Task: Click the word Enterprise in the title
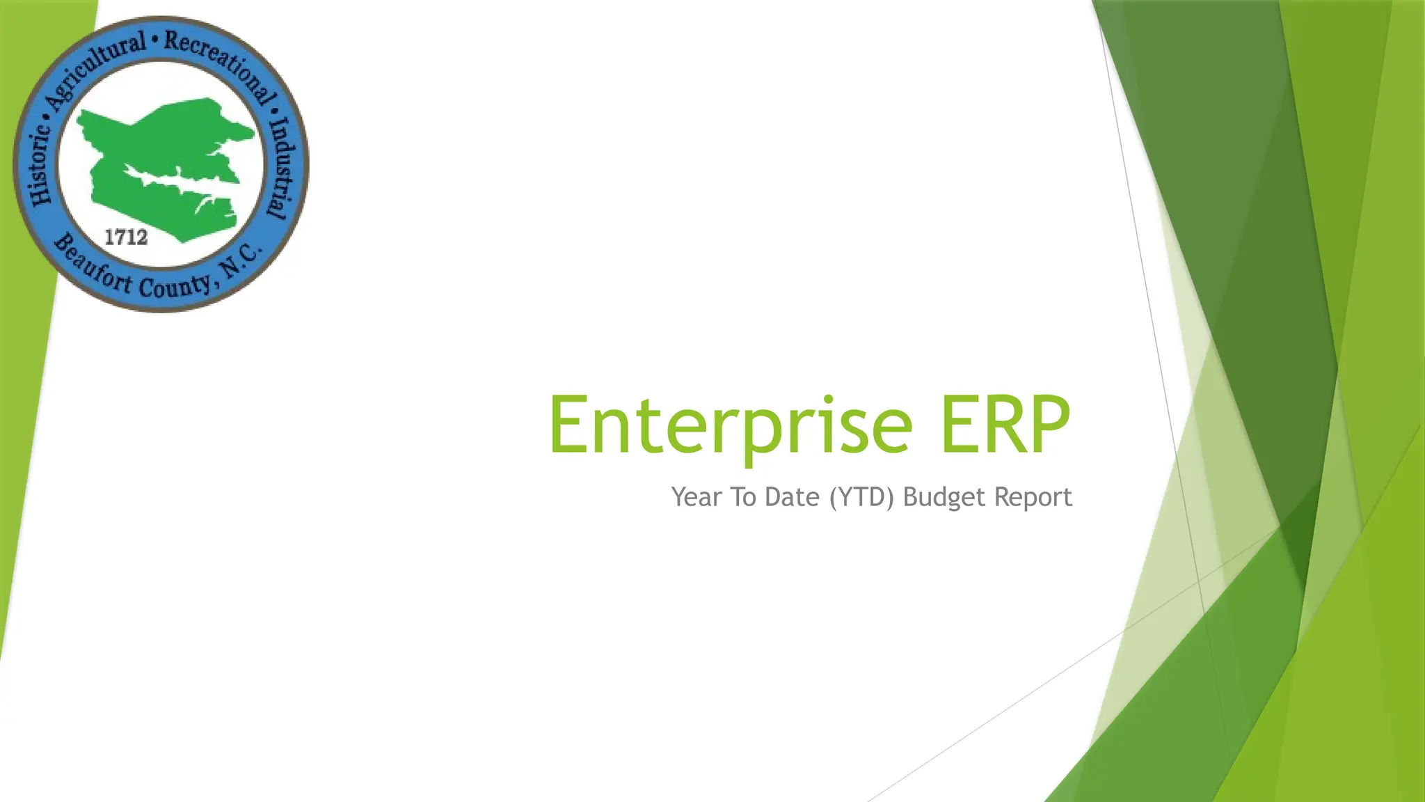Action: [731, 425]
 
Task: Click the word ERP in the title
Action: [1005, 425]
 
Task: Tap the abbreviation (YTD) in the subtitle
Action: [861, 497]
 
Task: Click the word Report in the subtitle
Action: [1033, 497]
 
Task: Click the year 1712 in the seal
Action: [126, 237]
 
